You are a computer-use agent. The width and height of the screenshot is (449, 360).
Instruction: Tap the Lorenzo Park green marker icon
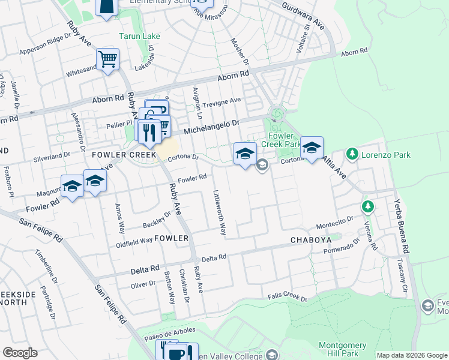coord(352,155)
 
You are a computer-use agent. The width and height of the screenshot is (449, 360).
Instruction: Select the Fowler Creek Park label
coord(280,140)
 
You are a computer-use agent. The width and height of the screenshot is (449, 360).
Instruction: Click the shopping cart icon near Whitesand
coord(108,60)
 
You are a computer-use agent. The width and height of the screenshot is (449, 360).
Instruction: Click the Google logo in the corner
coord(20,353)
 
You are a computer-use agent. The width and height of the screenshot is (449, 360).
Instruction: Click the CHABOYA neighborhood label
coord(311,240)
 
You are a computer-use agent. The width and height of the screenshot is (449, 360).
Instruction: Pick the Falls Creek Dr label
coord(288,298)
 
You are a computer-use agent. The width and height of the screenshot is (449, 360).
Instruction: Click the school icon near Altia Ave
coord(312,148)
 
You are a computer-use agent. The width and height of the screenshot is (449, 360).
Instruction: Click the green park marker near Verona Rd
coord(367,207)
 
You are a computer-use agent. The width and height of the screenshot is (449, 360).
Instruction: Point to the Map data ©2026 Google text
coord(412,355)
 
